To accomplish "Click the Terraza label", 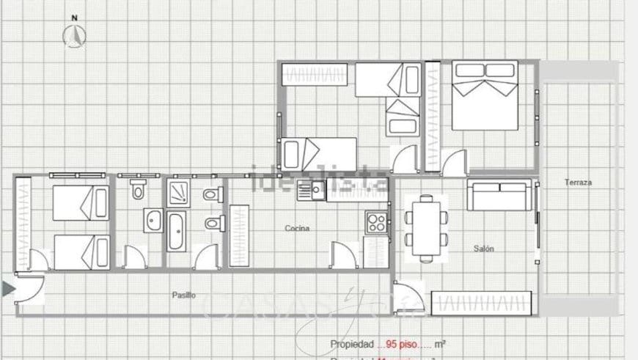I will [578, 183].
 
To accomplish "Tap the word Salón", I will [483, 249].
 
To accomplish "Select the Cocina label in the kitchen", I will [297, 228].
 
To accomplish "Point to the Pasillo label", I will [183, 295].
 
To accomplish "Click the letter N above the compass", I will [73, 17].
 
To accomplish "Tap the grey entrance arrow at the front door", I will [8, 289].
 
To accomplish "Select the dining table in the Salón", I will [426, 227].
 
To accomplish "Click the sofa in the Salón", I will [499, 195].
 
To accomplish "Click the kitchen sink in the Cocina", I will [312, 192].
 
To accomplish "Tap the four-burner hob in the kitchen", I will [376, 223].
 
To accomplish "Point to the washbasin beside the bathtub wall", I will [153, 219].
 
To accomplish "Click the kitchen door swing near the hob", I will [344, 255].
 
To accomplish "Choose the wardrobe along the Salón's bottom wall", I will [481, 303].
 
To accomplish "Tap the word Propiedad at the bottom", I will [351, 343].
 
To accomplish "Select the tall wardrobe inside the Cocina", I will [239, 235].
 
